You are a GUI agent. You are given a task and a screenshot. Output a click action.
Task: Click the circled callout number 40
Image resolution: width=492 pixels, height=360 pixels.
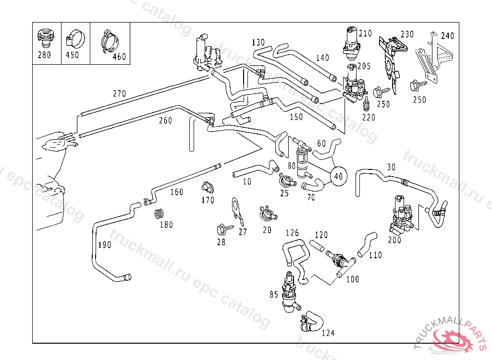click(x=338, y=176)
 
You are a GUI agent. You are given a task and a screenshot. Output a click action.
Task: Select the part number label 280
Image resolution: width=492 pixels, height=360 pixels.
click(x=44, y=55)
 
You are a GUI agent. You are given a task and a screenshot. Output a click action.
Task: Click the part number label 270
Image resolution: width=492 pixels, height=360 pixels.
click(x=119, y=94)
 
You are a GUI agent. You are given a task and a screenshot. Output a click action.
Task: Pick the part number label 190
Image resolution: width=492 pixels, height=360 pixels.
click(x=104, y=245)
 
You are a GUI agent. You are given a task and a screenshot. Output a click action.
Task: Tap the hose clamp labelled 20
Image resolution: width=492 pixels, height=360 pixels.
click(x=266, y=211)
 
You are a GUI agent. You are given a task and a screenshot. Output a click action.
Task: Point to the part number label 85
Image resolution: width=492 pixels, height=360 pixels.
click(x=273, y=295)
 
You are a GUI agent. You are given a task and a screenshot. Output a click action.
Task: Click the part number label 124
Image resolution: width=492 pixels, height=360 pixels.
click(x=328, y=333)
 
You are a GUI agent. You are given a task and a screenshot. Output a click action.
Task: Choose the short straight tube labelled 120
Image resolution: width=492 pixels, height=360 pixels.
click(x=318, y=246)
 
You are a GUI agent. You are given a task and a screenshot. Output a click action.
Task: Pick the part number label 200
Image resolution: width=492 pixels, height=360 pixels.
click(x=394, y=240)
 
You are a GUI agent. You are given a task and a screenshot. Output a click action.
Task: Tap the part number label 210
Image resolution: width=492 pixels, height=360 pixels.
click(x=365, y=34)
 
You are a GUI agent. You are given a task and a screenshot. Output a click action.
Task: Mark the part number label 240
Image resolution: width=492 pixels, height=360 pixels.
click(x=447, y=36)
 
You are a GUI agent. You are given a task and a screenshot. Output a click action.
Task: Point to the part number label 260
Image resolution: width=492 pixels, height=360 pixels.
click(x=165, y=120)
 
